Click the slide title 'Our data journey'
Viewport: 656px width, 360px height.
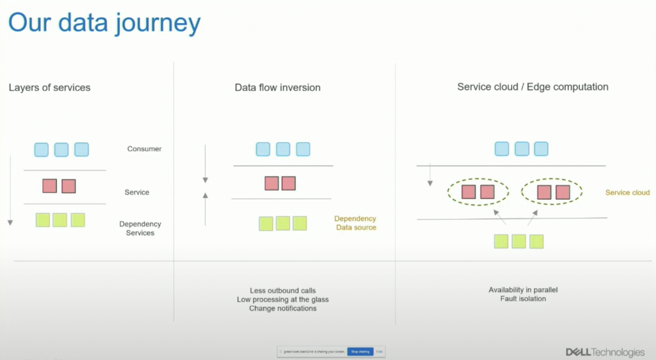pyautogui.click(x=104, y=23)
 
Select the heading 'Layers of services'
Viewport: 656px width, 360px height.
pyautogui.click(x=49, y=87)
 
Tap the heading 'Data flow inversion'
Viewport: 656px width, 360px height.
pyautogui.click(x=277, y=87)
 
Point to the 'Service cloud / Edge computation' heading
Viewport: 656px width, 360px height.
pyautogui.click(x=532, y=86)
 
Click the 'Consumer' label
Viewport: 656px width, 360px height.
pyautogui.click(x=144, y=149)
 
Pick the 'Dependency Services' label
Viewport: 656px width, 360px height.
pyautogui.click(x=140, y=229)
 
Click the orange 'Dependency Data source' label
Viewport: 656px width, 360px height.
pyautogui.click(x=356, y=223)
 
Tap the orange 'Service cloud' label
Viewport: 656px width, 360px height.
pyautogui.click(x=627, y=192)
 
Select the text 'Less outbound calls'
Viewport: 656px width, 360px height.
pyautogui.click(x=283, y=291)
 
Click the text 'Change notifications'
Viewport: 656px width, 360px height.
pyautogui.click(x=283, y=309)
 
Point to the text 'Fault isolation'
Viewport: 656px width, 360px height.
pyautogui.click(x=523, y=299)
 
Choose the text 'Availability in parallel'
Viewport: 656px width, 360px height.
pyautogui.click(x=523, y=290)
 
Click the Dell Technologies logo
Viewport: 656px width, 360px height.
pyautogui.click(x=605, y=352)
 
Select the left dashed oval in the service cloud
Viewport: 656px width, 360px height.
pyautogui.click(x=479, y=192)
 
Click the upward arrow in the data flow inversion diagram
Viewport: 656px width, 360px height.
pyautogui.click(x=205, y=208)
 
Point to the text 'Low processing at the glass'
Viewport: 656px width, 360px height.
pyautogui.click(x=283, y=300)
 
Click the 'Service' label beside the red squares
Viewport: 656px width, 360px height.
pyautogui.click(x=136, y=192)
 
